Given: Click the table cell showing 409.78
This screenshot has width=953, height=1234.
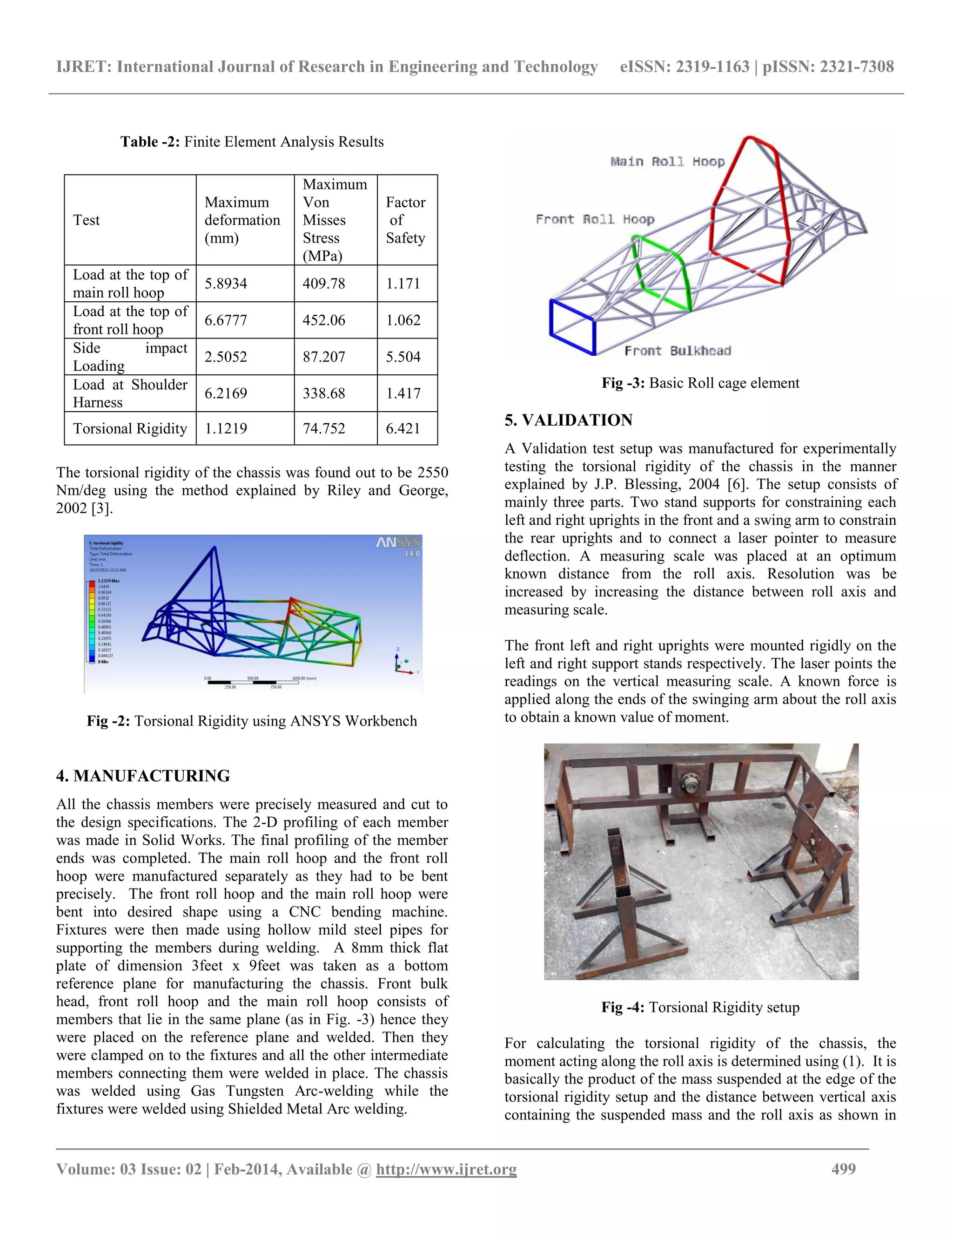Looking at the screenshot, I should coord(323,284).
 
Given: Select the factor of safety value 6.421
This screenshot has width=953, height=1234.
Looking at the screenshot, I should coord(403,428).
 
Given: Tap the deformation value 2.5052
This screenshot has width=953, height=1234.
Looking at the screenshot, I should coord(226,357).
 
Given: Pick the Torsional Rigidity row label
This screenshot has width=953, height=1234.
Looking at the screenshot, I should coord(130,428).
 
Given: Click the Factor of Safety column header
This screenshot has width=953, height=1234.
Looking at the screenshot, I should coord(405,220).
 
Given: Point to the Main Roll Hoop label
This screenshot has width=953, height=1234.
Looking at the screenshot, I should coord(667,162).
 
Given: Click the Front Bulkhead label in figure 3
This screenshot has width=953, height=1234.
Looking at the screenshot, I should coord(677,351).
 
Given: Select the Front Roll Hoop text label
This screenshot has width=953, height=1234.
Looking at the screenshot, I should coord(595,219).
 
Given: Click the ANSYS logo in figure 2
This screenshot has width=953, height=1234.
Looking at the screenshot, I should coord(397,543).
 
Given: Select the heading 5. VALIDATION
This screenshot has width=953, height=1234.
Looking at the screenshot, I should coord(568,420).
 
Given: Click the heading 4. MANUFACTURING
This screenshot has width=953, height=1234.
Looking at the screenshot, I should coord(143,776).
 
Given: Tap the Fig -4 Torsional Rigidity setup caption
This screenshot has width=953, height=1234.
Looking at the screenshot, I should coord(700,1007).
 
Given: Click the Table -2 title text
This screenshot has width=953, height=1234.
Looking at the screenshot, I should coord(252,142).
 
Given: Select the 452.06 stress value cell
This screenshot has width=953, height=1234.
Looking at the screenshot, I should coord(323,320).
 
